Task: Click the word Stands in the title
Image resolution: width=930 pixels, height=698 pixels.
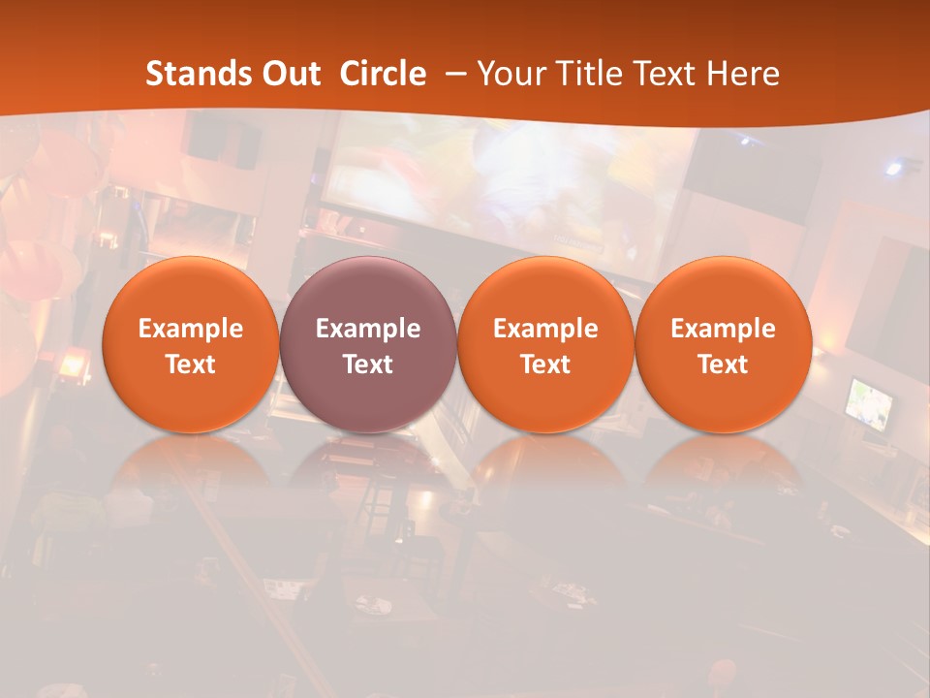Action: pos(192,74)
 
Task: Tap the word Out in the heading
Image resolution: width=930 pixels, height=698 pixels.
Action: pos(289,74)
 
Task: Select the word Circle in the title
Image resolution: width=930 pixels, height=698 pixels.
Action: pos(383,74)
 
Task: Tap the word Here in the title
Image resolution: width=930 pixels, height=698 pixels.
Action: pos(742,74)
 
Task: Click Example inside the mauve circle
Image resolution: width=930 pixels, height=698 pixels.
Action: pos(368,329)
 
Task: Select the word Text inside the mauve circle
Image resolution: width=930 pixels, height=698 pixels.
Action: pos(368,365)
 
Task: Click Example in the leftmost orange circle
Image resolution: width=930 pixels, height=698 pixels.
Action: pos(191,329)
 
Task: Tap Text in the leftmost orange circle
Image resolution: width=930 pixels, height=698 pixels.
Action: pos(191,365)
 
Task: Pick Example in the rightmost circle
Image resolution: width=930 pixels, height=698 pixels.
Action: pos(723,329)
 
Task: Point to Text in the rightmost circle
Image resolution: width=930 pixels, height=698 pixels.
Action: pos(723,365)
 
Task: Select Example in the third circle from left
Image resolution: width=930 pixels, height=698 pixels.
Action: pos(545,329)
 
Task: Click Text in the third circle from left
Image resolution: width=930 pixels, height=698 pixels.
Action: pos(545,365)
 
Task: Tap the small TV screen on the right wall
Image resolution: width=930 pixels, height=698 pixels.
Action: pos(869,403)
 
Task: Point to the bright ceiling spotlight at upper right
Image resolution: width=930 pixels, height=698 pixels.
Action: pos(893,169)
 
